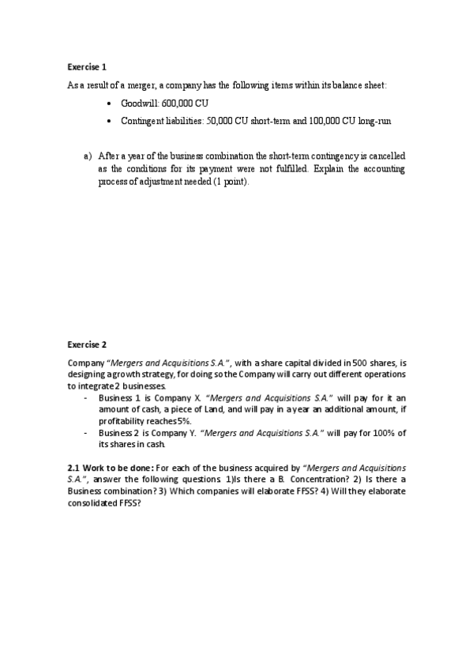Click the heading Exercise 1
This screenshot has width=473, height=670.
pos(86,68)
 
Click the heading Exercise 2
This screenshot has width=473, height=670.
pos(86,344)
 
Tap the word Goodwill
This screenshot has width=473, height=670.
pos(140,104)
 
